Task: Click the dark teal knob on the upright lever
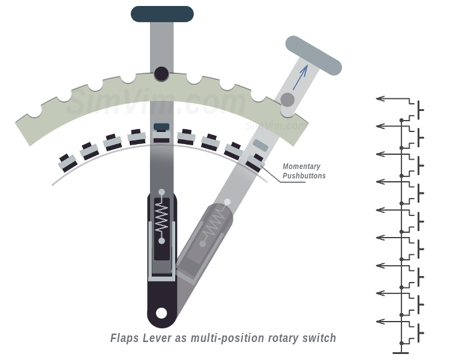[x=162, y=14]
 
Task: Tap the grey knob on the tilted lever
[x=313, y=55]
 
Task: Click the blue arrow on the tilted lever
[x=301, y=76]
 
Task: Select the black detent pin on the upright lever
[x=161, y=74]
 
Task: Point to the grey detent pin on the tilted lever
[x=288, y=100]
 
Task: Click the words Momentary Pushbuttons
[x=304, y=171]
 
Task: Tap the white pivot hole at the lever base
[x=161, y=313]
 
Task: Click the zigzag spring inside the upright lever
[x=161, y=217]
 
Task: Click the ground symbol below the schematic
[x=401, y=352]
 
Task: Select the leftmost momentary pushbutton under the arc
[x=67, y=162]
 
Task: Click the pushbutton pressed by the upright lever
[x=161, y=137]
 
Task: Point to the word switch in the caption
[x=320, y=338]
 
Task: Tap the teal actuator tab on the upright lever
[x=161, y=127]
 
